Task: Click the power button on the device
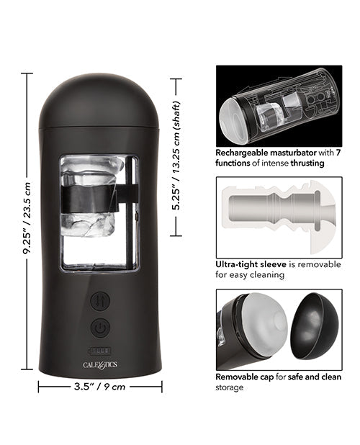pyautogui.click(x=100, y=328)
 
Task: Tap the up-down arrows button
pyautogui.click(x=100, y=300)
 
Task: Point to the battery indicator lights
pyautogui.click(x=100, y=351)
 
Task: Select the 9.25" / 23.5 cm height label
pyautogui.click(x=27, y=220)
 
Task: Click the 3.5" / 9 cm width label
pyautogui.click(x=100, y=386)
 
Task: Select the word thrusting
pyautogui.click(x=305, y=163)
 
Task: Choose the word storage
pyautogui.click(x=230, y=387)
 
